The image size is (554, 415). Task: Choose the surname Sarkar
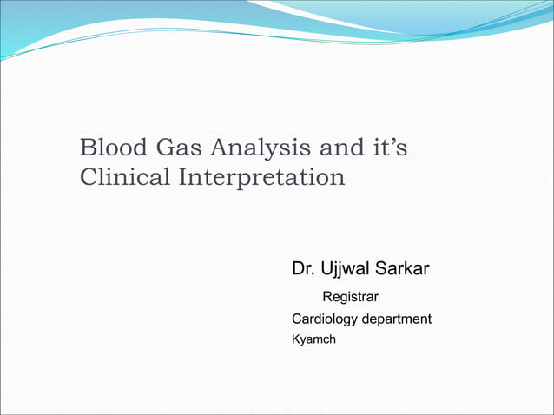(404, 269)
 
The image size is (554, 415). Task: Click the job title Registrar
(350, 299)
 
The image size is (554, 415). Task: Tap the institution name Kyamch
(313, 339)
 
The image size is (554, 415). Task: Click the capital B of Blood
(87, 148)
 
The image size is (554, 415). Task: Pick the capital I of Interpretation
(182, 177)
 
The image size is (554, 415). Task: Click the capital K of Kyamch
(295, 339)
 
